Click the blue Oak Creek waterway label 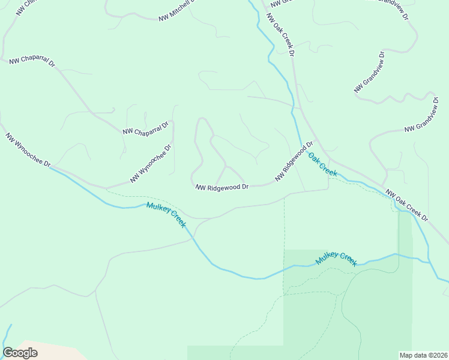point(323,164)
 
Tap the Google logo point(20,353)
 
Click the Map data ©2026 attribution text point(423,355)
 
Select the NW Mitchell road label point(177,11)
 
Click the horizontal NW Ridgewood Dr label point(222,187)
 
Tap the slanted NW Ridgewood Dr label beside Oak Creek point(295,161)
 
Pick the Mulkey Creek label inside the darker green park point(337,259)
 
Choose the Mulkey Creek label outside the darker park point(166,214)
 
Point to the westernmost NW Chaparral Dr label point(32,61)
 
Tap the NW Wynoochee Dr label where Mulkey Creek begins point(28,150)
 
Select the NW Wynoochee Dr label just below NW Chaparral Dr point(151,163)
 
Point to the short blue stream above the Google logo point(7,335)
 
